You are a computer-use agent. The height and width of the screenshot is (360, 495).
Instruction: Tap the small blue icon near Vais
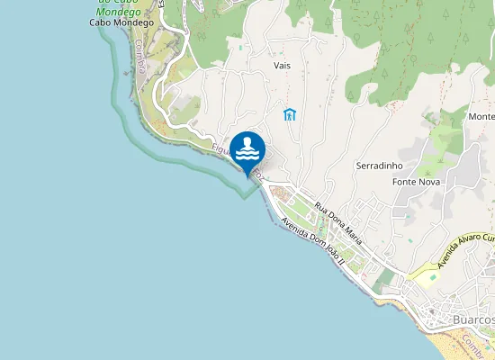tap(289, 114)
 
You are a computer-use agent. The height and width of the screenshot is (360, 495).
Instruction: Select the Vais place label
tap(282, 66)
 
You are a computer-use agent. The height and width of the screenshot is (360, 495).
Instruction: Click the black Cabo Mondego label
tap(118, 22)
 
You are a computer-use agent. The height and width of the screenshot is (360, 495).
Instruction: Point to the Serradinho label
tap(379, 166)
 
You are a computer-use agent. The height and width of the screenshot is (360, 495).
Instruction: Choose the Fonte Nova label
tap(414, 182)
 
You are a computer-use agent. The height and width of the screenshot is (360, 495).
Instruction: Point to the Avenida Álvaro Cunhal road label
tap(466, 251)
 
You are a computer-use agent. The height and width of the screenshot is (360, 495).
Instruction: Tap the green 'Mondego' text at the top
tap(118, 10)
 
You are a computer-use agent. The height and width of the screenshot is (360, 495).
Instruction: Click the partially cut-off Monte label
tap(481, 117)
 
